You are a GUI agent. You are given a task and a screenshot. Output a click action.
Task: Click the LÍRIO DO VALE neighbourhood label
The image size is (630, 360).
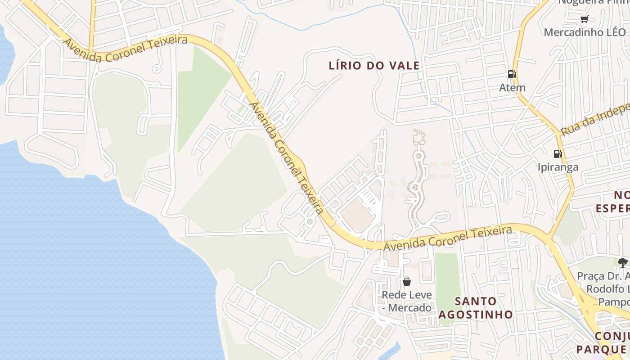(x=374, y=66)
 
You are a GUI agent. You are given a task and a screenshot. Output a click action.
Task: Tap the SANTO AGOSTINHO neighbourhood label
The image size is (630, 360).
(x=476, y=307)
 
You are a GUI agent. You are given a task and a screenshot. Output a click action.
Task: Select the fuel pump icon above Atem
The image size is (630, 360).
(x=512, y=74)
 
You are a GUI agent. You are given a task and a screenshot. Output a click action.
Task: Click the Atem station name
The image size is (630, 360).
(x=512, y=87)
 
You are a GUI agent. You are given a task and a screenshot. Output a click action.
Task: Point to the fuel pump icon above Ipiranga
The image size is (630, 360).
(x=558, y=154)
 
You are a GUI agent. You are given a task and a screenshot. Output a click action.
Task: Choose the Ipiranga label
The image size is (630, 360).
(x=558, y=167)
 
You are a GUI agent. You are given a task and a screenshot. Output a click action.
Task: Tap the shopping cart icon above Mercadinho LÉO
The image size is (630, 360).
(x=584, y=19)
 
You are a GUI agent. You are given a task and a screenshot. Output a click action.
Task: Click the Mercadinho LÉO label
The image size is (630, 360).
(x=585, y=32)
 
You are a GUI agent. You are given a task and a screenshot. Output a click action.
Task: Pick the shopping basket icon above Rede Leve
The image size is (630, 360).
(x=407, y=282)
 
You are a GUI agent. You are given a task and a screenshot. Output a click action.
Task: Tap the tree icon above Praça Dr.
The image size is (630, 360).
(x=623, y=262)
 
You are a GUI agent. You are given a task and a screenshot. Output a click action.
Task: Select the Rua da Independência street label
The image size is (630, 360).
(x=594, y=120)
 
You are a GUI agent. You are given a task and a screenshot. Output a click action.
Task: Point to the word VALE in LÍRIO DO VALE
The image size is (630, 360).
(x=405, y=66)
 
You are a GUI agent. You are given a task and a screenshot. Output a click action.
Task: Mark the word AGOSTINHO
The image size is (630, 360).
(x=476, y=314)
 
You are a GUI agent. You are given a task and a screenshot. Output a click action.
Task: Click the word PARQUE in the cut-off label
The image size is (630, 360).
(x=600, y=349)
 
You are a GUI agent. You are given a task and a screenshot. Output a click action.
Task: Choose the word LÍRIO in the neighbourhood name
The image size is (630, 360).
(x=346, y=66)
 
